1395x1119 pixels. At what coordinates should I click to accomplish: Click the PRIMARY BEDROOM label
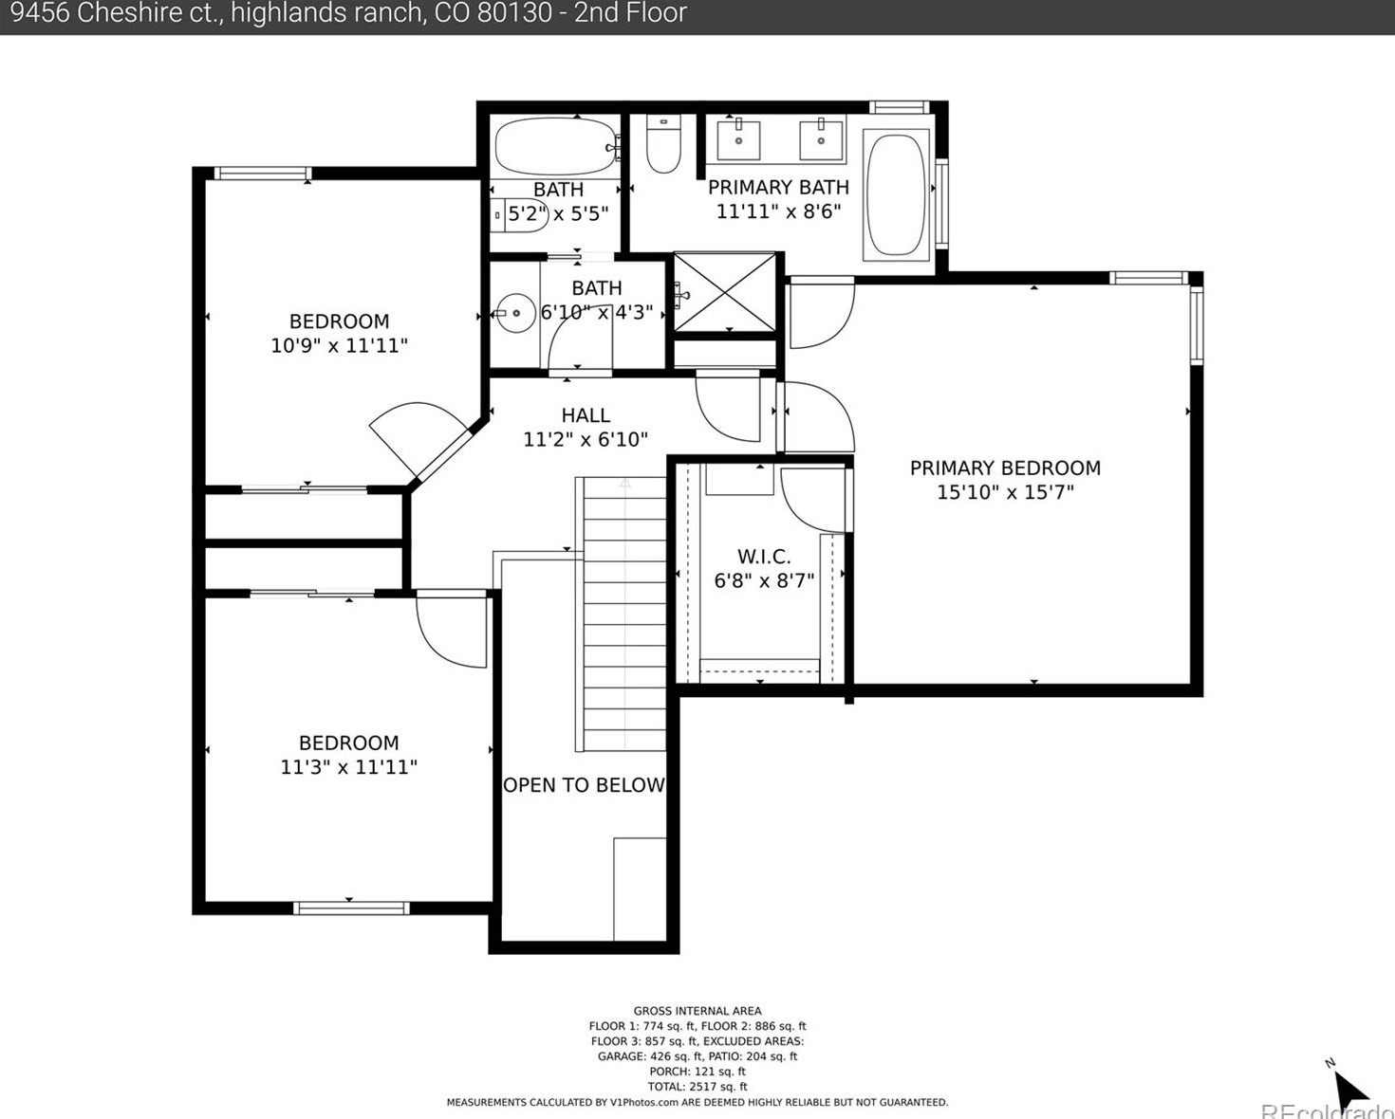[1005, 468]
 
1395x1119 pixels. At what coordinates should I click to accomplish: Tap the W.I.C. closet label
[764, 556]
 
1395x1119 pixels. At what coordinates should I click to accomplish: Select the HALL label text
[586, 415]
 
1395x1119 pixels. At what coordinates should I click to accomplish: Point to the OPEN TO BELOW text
[584, 784]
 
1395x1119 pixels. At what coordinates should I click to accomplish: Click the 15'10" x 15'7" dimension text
[1005, 492]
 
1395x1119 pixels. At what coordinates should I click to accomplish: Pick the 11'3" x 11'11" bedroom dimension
[349, 767]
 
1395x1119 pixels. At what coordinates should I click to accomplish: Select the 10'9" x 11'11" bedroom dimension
[339, 345]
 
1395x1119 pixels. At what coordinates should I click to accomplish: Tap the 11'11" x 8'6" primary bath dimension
[778, 211]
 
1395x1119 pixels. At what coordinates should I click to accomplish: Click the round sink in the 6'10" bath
[515, 314]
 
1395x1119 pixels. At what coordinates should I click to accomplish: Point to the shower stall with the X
[725, 291]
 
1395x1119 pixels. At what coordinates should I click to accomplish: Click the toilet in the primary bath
[663, 144]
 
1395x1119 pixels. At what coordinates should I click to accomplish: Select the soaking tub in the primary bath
[896, 194]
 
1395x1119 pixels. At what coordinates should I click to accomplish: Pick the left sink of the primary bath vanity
[738, 140]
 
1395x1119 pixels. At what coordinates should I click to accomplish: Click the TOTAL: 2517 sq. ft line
[697, 1087]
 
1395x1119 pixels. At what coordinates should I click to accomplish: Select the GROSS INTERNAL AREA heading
[697, 1011]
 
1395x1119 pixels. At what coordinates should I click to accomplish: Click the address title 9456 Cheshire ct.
[118, 13]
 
